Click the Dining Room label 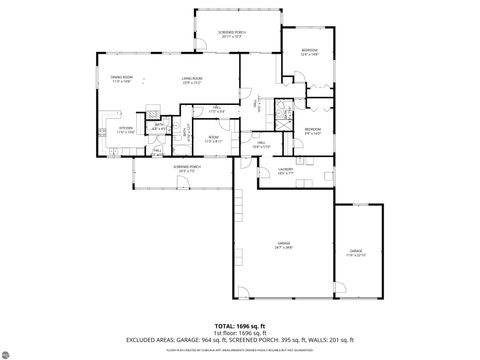pyautogui.click(x=121, y=80)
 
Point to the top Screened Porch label pyautogui.click(x=231, y=34)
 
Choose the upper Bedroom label pyautogui.click(x=309, y=52)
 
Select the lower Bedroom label pyautogui.click(x=313, y=130)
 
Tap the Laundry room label pyautogui.click(x=286, y=171)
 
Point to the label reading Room pyautogui.click(x=213, y=138)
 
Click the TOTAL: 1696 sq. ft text pyautogui.click(x=240, y=326)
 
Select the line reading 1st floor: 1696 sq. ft pyautogui.click(x=240, y=333)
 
